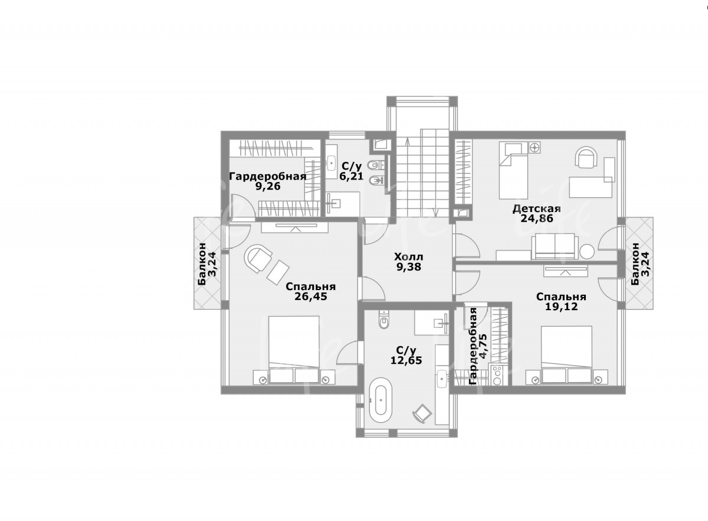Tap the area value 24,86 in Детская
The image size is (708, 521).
pos(537,219)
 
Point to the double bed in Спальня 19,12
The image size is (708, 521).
pos(567,355)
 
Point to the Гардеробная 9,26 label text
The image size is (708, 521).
pos(268,181)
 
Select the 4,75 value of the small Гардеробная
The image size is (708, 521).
pos(483,347)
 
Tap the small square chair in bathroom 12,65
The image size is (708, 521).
pos(422,413)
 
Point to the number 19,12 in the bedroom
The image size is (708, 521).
pos(561,307)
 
